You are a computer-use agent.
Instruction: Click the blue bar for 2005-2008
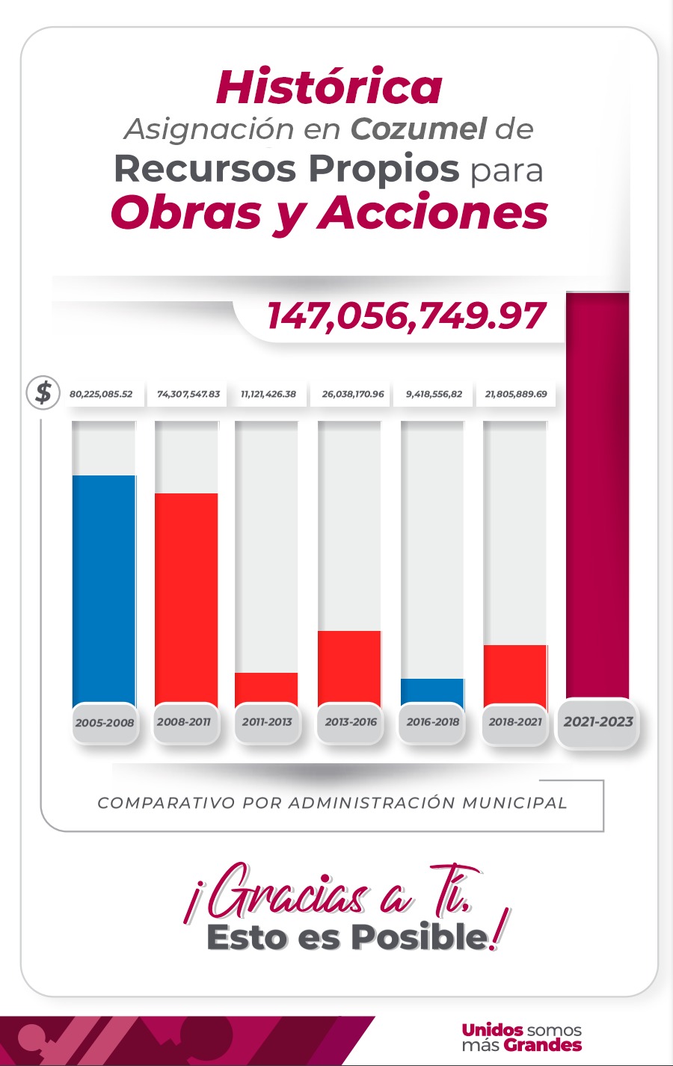pyautogui.click(x=104, y=591)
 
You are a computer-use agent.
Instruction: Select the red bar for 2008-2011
pyautogui.click(x=186, y=598)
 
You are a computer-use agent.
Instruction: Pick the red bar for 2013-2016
pyautogui.click(x=349, y=667)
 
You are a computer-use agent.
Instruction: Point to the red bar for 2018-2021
pyautogui.click(x=515, y=674)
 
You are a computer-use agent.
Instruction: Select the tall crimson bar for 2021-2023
pyautogui.click(x=597, y=493)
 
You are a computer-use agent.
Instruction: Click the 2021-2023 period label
pyautogui.click(x=598, y=722)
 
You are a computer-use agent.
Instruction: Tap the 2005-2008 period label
pyautogui.click(x=105, y=723)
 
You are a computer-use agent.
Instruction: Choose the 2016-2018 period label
pyautogui.click(x=432, y=722)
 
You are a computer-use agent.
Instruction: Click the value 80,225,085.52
pyautogui.click(x=101, y=394)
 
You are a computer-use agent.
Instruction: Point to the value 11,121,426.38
pyautogui.click(x=268, y=394)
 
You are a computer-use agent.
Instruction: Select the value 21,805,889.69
pyautogui.click(x=516, y=394)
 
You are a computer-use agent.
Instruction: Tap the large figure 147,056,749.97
pyautogui.click(x=406, y=315)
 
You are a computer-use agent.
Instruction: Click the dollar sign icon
pyautogui.click(x=43, y=392)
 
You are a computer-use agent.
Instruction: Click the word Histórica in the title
pyautogui.click(x=329, y=87)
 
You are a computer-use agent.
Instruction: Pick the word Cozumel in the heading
pyautogui.click(x=419, y=129)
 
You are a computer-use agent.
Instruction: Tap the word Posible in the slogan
pyautogui.click(x=419, y=937)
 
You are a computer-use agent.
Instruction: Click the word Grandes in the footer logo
pyautogui.click(x=543, y=1045)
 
